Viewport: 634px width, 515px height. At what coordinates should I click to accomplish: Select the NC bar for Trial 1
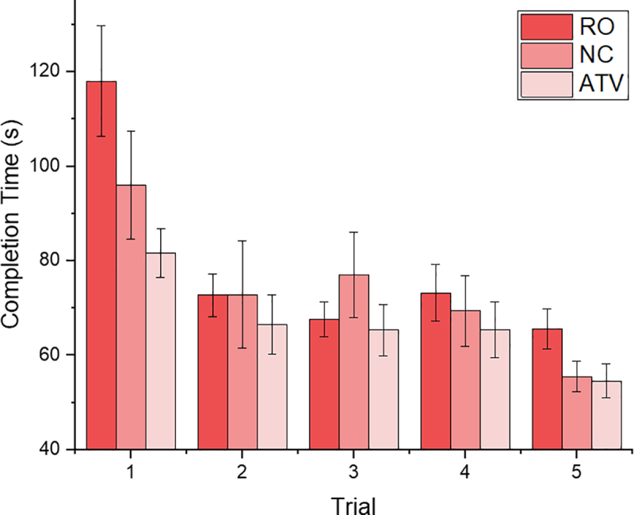coord(131,317)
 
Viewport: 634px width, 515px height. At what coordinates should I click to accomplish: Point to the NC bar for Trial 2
coord(243,372)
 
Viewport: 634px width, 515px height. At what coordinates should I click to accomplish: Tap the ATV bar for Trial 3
coord(383,390)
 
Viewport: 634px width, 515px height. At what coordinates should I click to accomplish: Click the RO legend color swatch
coord(547,28)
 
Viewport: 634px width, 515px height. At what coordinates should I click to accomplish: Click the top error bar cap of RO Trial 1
coord(101,25)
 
